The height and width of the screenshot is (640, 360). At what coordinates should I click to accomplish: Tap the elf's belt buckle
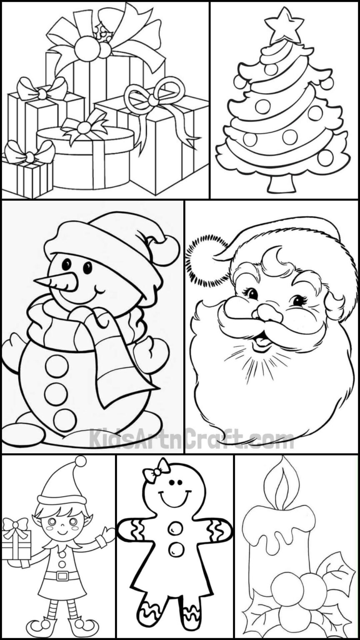[x=62, y=576]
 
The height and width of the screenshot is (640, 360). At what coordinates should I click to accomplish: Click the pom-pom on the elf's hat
[x=81, y=461]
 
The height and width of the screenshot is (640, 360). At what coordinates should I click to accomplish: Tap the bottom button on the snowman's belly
[x=65, y=420]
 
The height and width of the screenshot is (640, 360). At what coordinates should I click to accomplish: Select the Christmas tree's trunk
[x=282, y=184]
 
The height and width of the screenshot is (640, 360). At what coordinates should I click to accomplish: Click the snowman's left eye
[x=66, y=264]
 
